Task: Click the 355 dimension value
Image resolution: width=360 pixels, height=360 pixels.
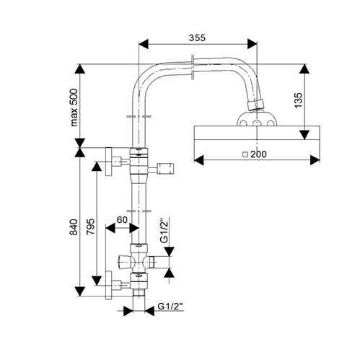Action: click(x=197, y=38)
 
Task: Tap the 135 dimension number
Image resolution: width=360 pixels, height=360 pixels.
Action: click(x=298, y=100)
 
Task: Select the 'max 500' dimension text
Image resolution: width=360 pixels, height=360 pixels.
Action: click(x=74, y=107)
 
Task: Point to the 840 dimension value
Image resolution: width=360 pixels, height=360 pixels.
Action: click(x=74, y=227)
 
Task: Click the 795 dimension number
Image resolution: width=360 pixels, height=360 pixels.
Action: click(x=90, y=227)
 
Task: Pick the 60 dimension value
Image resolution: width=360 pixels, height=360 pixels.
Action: click(x=122, y=219)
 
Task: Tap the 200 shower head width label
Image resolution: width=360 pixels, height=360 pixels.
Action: click(x=258, y=154)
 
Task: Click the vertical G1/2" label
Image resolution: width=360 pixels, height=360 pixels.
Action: click(x=164, y=231)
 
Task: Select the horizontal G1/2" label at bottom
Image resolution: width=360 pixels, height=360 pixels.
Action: click(x=170, y=307)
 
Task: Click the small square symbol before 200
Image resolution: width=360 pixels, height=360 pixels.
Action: click(x=245, y=154)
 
